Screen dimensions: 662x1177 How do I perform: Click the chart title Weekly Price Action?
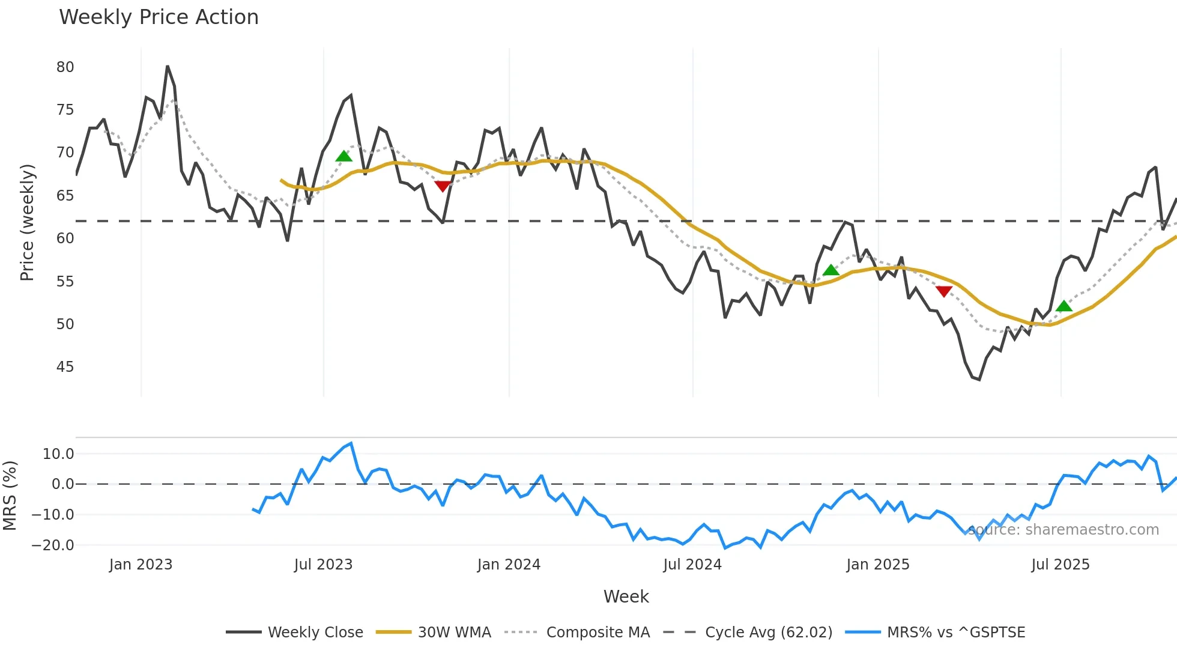(x=159, y=17)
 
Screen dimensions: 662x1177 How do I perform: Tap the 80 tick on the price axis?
(x=65, y=67)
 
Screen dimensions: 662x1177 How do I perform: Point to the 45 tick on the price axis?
(x=65, y=367)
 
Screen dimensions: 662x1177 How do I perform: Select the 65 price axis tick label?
(x=65, y=196)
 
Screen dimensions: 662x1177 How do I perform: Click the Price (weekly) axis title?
(x=27, y=222)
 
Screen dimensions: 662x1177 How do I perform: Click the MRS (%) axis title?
(x=10, y=496)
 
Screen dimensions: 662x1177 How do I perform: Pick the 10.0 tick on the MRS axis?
(x=58, y=454)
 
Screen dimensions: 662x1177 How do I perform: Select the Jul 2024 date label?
(x=692, y=565)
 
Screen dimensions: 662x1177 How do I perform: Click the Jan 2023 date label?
(x=141, y=565)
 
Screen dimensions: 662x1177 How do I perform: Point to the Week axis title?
(x=626, y=597)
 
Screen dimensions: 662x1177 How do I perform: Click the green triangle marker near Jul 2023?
(x=344, y=156)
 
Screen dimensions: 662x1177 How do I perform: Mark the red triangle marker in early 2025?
(x=944, y=291)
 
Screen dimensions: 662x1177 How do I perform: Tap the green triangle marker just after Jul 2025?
(x=1064, y=306)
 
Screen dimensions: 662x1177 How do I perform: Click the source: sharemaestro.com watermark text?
(x=1064, y=530)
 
